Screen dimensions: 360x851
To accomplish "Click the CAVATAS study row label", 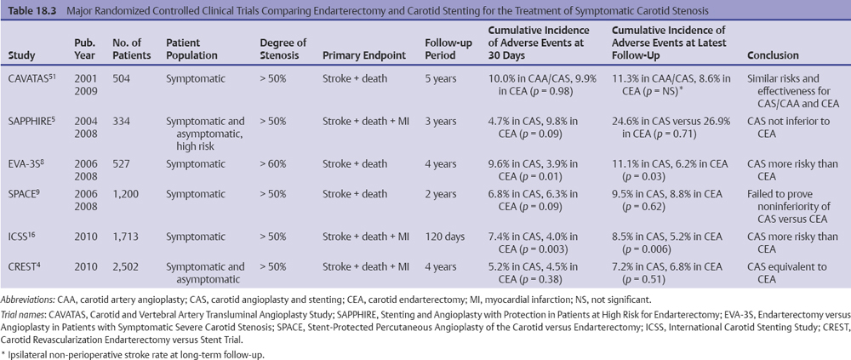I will (x=29, y=78).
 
